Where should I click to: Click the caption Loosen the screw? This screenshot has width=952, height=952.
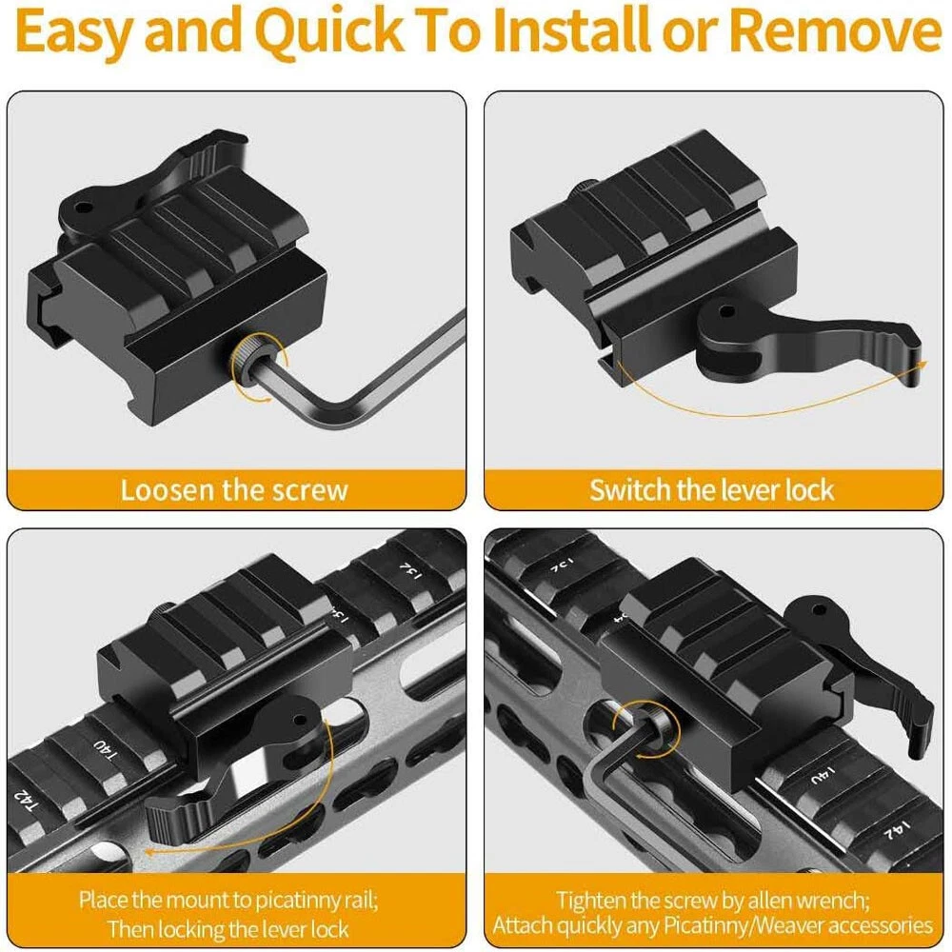point(234,490)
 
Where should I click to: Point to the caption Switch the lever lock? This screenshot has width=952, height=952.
point(711,490)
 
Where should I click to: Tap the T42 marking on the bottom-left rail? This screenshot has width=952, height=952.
point(26,802)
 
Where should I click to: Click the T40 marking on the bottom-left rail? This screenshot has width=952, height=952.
point(105,751)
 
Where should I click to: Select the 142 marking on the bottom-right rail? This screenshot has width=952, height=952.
point(896,830)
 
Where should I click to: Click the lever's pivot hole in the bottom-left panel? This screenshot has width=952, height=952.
point(299,722)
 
